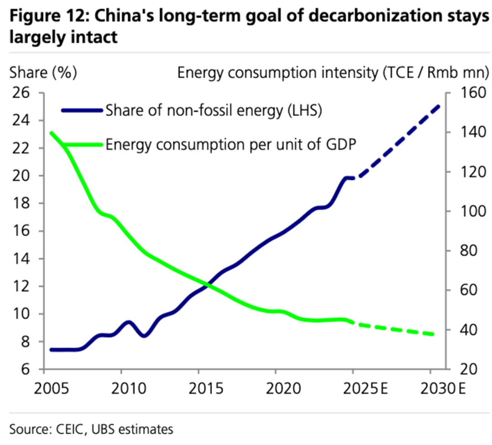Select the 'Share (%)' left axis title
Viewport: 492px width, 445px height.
click(x=43, y=72)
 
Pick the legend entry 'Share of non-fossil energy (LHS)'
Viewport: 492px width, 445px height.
click(x=214, y=110)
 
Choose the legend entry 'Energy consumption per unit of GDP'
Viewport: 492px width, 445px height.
click(x=231, y=144)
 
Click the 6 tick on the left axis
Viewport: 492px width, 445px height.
click(x=25, y=369)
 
